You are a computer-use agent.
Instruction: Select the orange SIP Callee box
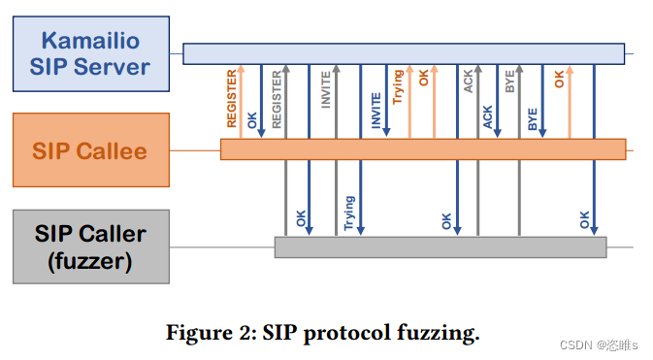click(90, 150)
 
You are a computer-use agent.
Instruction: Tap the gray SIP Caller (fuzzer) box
click(90, 246)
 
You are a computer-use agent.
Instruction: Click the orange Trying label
click(398, 87)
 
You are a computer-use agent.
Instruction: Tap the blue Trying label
click(349, 213)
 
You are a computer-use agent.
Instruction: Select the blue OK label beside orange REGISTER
click(252, 121)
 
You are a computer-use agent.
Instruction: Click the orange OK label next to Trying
click(424, 78)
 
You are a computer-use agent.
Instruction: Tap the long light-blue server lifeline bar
click(404, 53)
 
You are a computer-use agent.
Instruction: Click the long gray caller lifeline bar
click(440, 246)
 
